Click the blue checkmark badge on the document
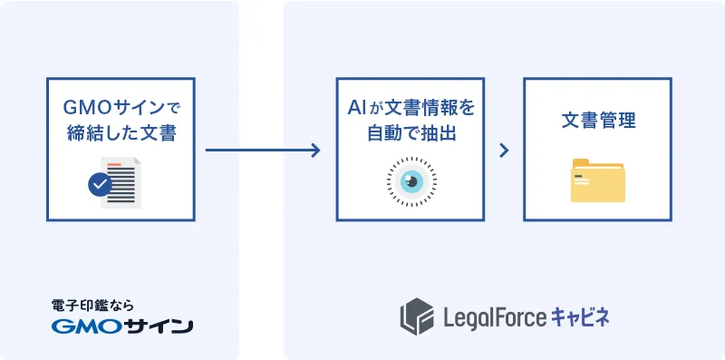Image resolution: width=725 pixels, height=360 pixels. pos(100,185)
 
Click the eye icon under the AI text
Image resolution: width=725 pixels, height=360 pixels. pos(411,181)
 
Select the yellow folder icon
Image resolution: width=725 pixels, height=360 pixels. pos(597,180)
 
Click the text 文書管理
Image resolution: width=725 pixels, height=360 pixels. pos(597,120)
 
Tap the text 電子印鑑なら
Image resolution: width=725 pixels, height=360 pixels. pos(92,306)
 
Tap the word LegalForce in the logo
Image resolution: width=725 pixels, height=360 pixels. pos(495,316)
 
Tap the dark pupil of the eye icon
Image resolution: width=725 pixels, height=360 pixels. pos(411,181)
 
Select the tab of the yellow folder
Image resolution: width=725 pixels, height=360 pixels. pos(581,163)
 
